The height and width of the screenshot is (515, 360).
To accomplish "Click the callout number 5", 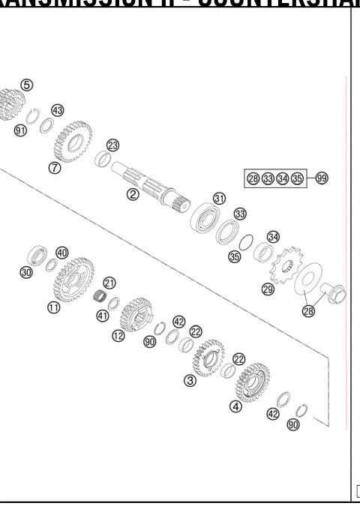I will click(26, 85).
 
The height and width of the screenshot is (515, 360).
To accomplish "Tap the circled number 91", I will click(20, 130).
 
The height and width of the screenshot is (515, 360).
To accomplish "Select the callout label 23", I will click(112, 145).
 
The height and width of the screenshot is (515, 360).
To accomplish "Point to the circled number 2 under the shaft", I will click(132, 195).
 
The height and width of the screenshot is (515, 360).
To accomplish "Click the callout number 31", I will click(218, 199).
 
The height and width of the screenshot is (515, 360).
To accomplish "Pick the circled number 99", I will click(321, 178).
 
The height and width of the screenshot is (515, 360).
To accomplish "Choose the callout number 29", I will click(268, 289).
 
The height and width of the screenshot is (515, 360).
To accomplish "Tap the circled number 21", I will click(109, 283).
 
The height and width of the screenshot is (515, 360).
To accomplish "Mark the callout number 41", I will click(103, 316).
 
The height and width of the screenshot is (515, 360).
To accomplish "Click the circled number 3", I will click(190, 381).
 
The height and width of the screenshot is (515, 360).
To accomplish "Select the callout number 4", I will click(235, 407).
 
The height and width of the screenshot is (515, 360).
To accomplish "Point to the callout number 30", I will click(27, 273).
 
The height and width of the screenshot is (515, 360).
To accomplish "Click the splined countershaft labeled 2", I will click(150, 188).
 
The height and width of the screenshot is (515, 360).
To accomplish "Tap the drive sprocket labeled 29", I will click(285, 267).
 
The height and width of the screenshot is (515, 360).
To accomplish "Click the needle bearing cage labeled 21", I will click(98, 297).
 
